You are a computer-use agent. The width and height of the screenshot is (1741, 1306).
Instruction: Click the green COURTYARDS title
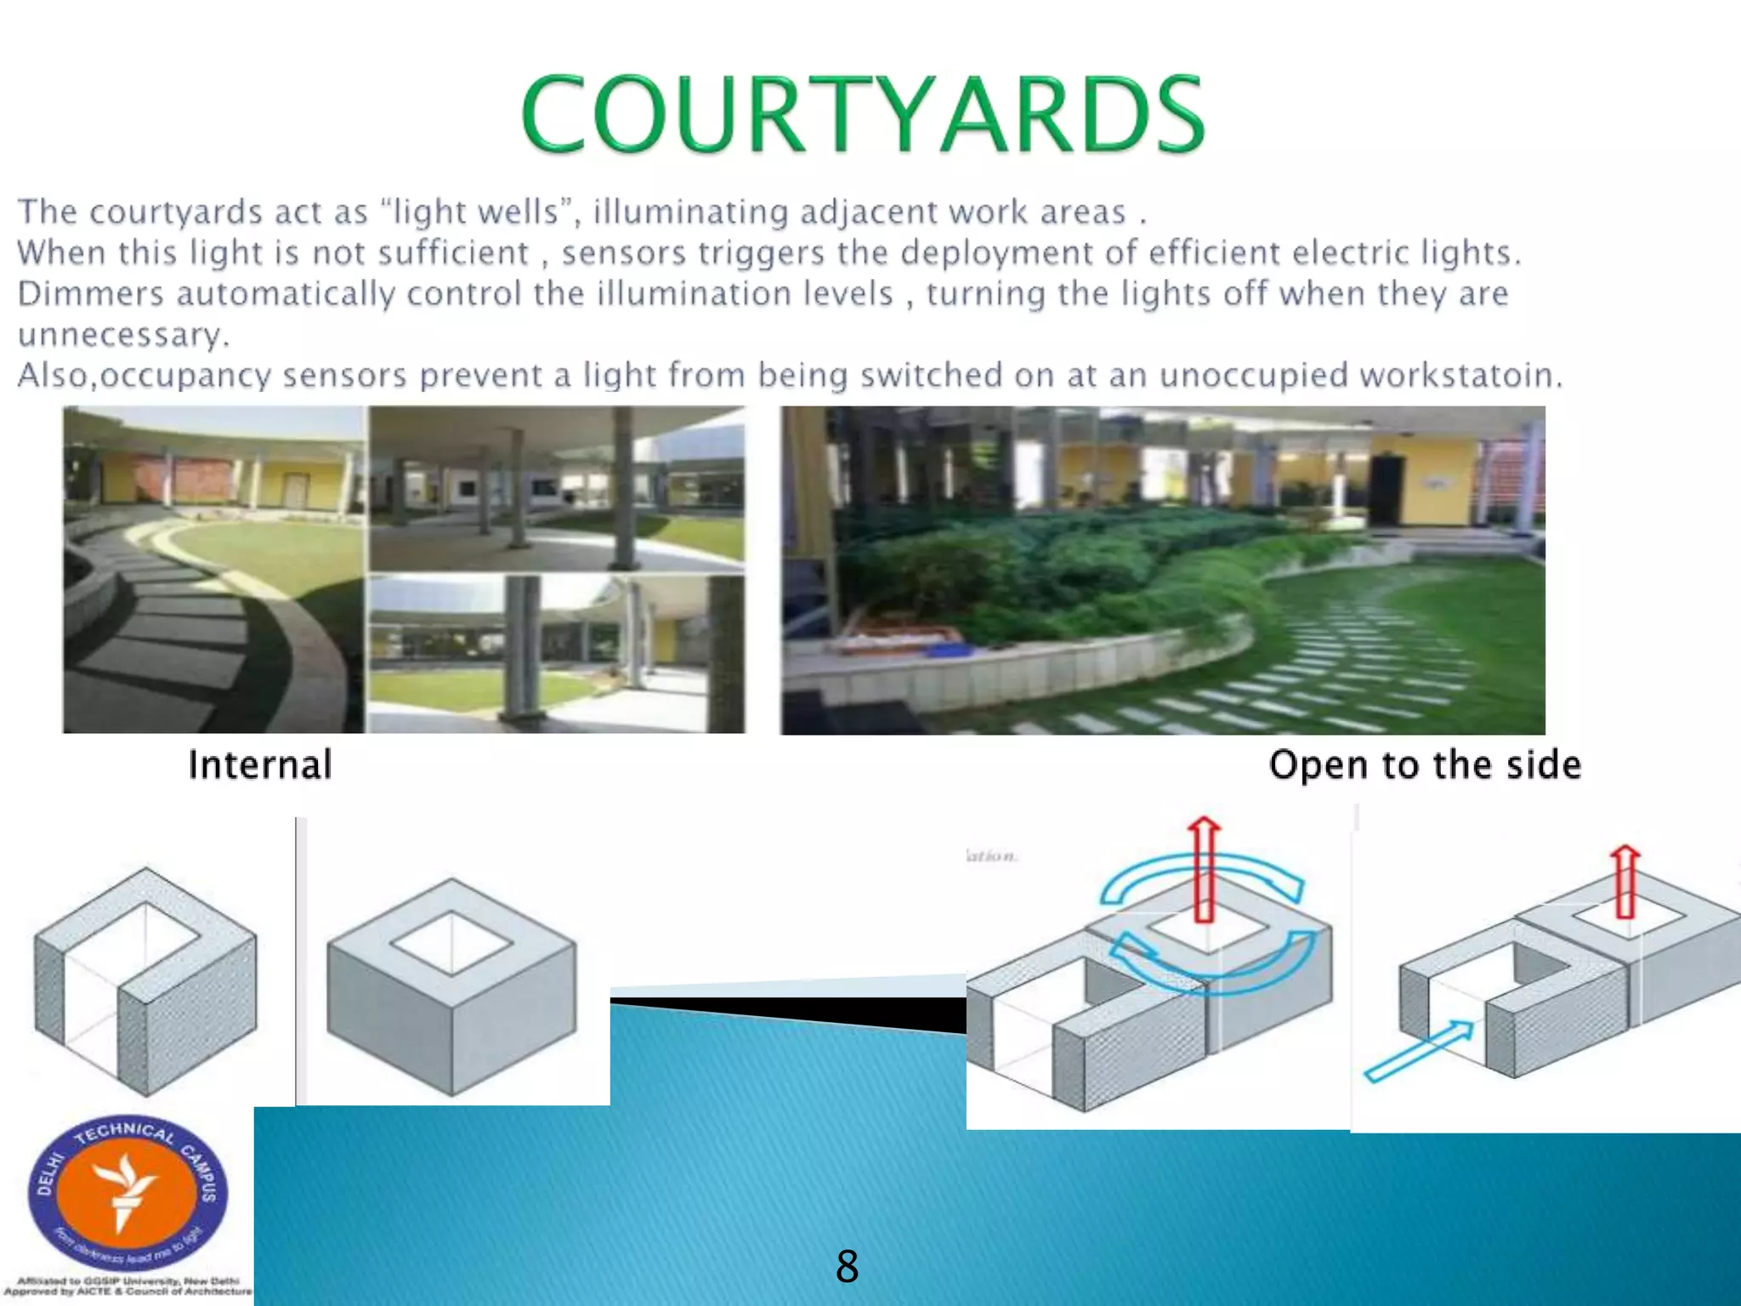pyautogui.click(x=862, y=114)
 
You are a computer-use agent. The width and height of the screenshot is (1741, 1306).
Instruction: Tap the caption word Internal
pyautogui.click(x=259, y=764)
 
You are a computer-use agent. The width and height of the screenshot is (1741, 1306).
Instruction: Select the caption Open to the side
pyautogui.click(x=1425, y=764)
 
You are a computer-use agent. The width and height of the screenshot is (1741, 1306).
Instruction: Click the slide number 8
pyautogui.click(x=847, y=1266)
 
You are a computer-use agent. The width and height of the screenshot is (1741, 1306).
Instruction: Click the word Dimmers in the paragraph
pyautogui.click(x=90, y=293)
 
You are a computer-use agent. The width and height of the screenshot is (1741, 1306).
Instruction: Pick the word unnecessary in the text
pyautogui.click(x=122, y=335)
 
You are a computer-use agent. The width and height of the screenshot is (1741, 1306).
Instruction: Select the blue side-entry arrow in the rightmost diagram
pyautogui.click(x=1418, y=1051)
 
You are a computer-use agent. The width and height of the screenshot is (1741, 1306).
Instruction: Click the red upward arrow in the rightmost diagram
pyautogui.click(x=1625, y=881)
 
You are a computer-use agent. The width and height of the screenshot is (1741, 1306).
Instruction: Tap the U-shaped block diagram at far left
pyautogui.click(x=145, y=981)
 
